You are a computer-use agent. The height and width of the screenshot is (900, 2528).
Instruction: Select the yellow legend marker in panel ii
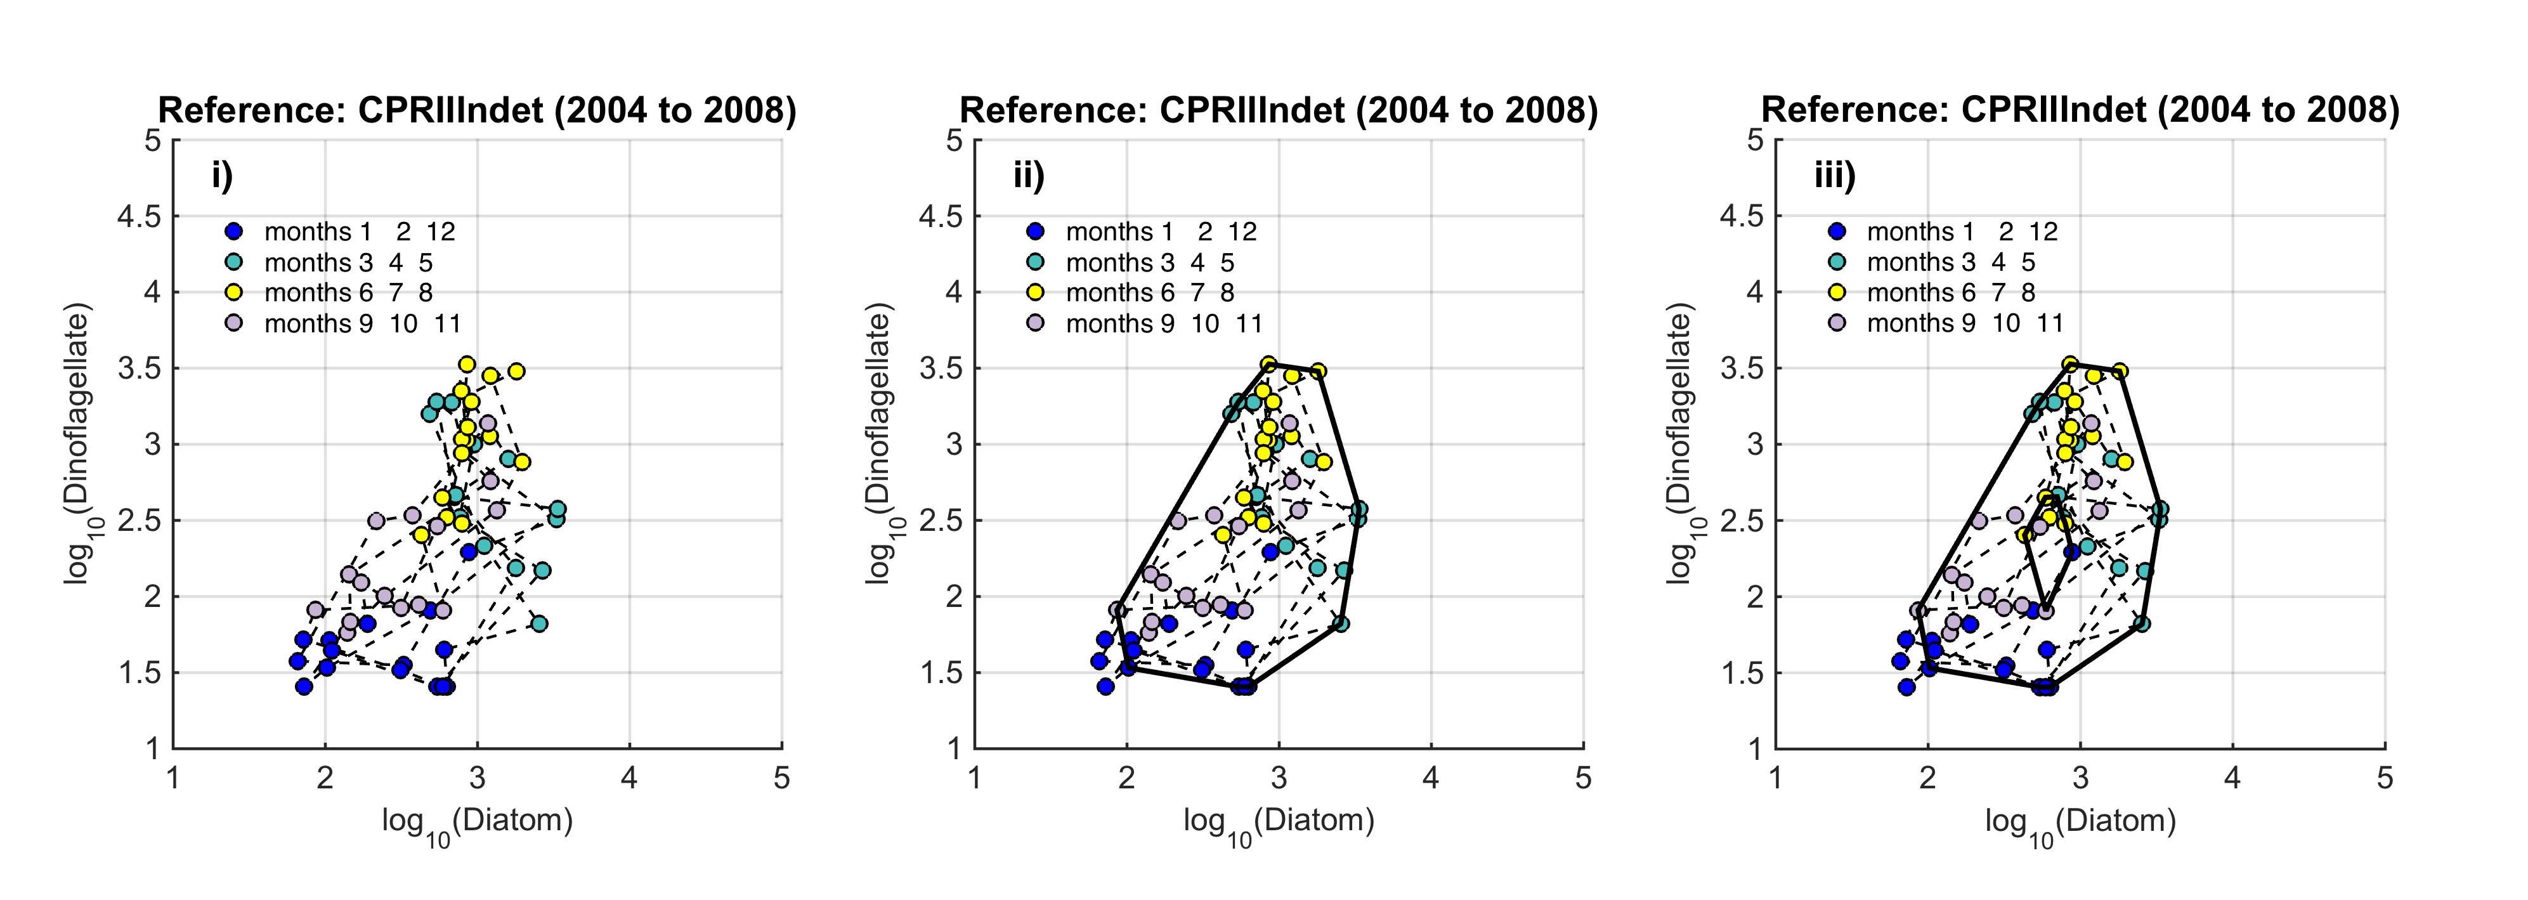pos(1035,292)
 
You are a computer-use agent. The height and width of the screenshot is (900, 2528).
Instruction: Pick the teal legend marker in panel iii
pos(1837,262)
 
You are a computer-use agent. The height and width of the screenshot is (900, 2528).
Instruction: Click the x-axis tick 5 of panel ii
pos(1583,778)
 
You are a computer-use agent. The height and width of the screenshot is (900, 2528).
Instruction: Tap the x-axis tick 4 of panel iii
pos(2232,778)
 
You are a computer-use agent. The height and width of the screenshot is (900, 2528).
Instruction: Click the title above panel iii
pos(2080,110)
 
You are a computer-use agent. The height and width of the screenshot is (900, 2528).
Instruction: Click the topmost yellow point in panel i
pos(467,364)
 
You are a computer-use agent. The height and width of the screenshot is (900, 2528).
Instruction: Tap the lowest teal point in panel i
pos(539,623)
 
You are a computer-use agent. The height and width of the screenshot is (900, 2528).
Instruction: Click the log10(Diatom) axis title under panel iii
pos(2080,821)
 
